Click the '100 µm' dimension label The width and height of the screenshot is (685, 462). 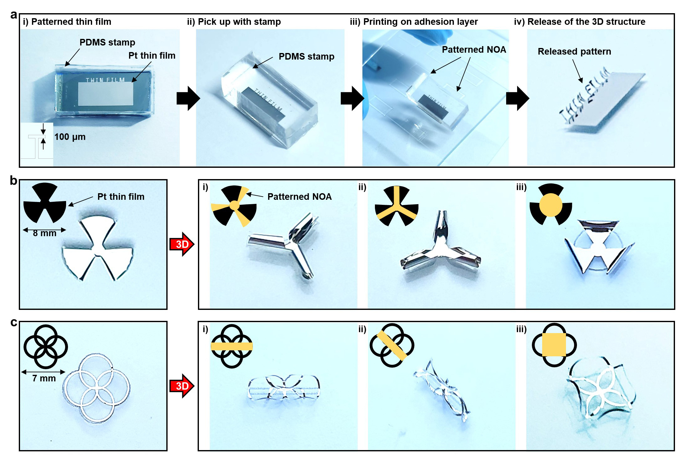pyautogui.click(x=70, y=137)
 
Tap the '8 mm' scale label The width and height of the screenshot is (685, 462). pyautogui.click(x=44, y=233)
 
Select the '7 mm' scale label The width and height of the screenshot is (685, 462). pyautogui.click(x=44, y=378)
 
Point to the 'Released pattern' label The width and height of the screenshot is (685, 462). pyautogui.click(x=574, y=51)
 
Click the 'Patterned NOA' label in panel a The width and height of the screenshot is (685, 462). pyautogui.click(x=474, y=50)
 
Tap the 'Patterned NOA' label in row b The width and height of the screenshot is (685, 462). pyautogui.click(x=299, y=197)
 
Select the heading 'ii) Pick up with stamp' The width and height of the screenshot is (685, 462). pyautogui.click(x=234, y=22)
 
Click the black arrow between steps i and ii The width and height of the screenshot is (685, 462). pyautogui.click(x=188, y=98)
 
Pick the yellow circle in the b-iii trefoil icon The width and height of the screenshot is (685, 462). pyautogui.click(x=551, y=205)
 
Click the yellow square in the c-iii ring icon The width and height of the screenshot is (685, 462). pyautogui.click(x=554, y=345)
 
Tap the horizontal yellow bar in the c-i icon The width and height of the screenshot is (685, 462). pyautogui.click(x=231, y=346)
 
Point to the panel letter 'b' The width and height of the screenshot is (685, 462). pyautogui.click(x=13, y=181)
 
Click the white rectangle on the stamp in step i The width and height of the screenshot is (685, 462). pyautogui.click(x=106, y=94)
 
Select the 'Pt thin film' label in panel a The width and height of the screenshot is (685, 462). pyautogui.click(x=152, y=56)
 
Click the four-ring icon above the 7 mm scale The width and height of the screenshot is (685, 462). pyautogui.click(x=46, y=347)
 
